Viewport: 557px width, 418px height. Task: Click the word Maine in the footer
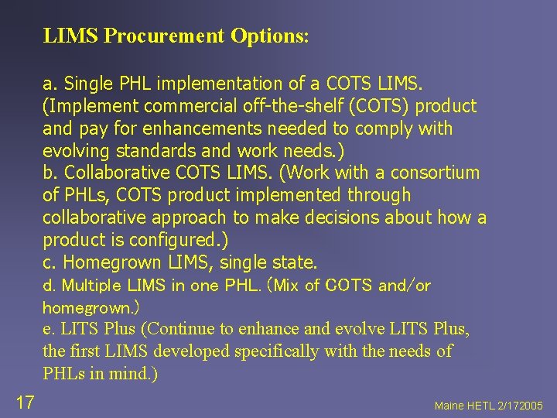click(x=449, y=406)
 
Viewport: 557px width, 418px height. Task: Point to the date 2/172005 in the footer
click(x=521, y=406)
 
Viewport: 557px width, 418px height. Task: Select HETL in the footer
click(x=481, y=406)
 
